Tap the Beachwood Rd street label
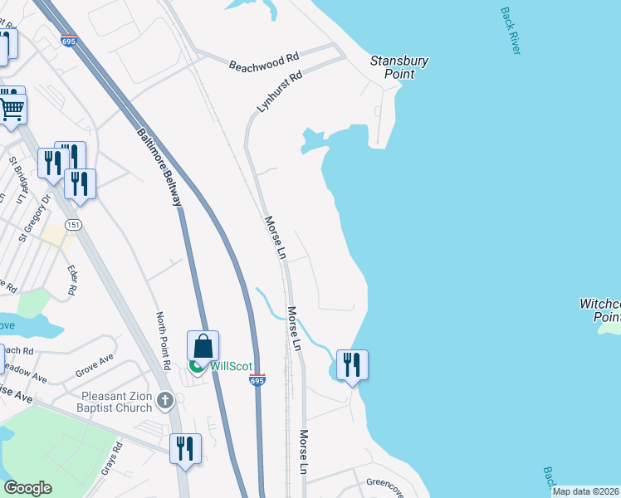tap(263, 62)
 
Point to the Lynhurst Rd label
tap(279, 92)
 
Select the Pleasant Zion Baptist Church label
tap(117, 402)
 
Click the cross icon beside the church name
tap(165, 402)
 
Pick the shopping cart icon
tap(12, 109)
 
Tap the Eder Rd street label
tap(72, 279)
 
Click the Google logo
tap(27, 488)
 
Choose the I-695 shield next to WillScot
tap(257, 379)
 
